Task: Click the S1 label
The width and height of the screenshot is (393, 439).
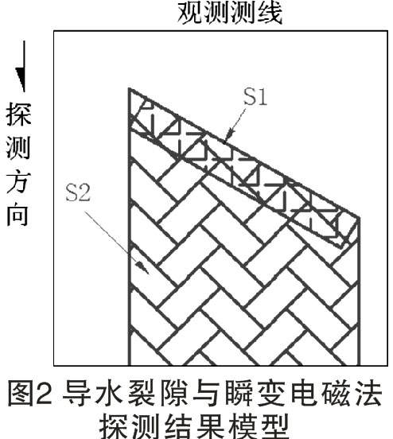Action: tap(255, 96)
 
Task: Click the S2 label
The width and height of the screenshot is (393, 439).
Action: tap(78, 192)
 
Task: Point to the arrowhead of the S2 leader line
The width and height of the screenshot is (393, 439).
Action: tap(143, 268)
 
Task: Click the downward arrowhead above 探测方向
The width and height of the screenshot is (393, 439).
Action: tap(21, 80)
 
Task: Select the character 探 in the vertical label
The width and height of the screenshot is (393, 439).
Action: tap(18, 115)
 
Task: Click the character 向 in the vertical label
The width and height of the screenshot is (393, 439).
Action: tap(18, 215)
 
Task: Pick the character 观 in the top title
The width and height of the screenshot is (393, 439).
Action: tap(191, 13)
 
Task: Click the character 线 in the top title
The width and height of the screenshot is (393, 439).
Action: tap(269, 13)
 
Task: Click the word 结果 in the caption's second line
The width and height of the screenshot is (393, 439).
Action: tap(194, 427)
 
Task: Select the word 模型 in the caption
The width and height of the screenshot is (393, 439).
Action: tap(259, 427)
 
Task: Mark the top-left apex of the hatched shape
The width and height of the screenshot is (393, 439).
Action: tap(129, 89)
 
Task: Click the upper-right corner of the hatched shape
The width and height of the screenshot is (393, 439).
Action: tap(359, 218)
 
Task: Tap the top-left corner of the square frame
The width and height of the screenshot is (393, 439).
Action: tap(54, 31)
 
